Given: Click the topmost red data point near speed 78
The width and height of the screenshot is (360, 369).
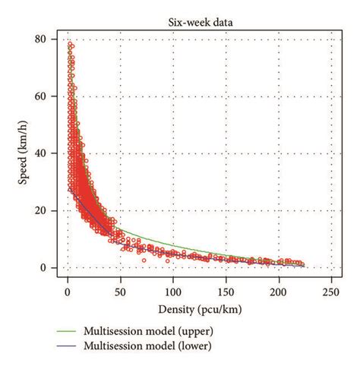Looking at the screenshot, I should pos(71,45).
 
